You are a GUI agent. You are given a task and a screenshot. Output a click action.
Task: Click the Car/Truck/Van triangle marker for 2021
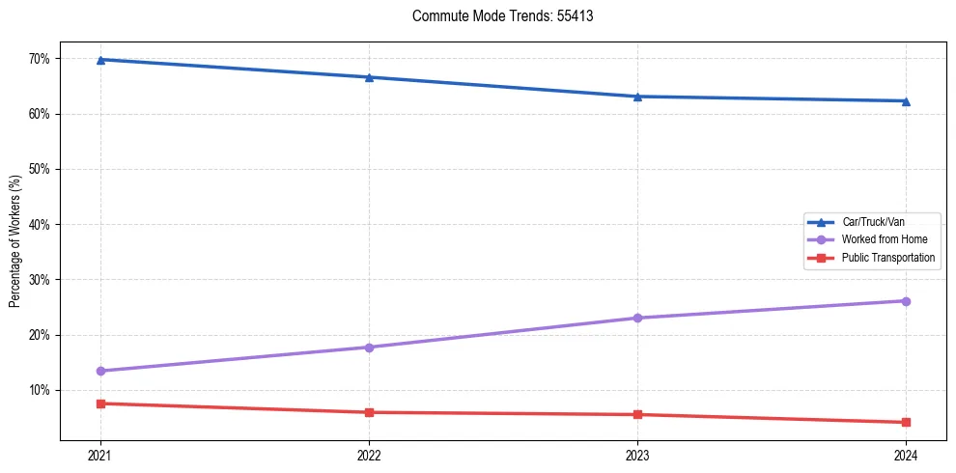coord(100,60)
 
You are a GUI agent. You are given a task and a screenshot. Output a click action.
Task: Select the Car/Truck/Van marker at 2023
coord(637,97)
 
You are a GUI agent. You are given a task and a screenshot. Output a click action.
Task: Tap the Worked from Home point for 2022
coord(369,348)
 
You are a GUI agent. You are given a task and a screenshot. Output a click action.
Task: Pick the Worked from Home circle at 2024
coord(906,301)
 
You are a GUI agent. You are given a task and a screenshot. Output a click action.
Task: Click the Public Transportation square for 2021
coord(100,403)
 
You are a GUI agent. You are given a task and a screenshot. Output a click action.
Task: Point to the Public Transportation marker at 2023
coord(637,415)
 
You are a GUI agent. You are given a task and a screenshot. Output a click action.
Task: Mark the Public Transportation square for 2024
coord(906,422)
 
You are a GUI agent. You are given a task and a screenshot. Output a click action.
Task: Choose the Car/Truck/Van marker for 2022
coord(369,77)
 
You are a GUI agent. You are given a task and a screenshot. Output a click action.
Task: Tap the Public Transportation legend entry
coord(887,258)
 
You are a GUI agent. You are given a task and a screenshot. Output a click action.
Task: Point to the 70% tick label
coord(39,59)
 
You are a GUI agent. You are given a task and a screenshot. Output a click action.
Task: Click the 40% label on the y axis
coord(39,225)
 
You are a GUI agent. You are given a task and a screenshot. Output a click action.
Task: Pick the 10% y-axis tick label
coord(39,391)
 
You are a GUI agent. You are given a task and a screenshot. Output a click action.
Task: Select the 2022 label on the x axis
coord(369,456)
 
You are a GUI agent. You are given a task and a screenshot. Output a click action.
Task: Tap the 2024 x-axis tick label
coord(906,456)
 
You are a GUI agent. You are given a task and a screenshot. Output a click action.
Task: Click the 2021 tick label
coord(100,456)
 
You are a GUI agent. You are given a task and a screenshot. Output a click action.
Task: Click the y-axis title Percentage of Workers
coord(14,241)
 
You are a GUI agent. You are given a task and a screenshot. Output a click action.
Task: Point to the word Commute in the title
coord(435,16)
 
